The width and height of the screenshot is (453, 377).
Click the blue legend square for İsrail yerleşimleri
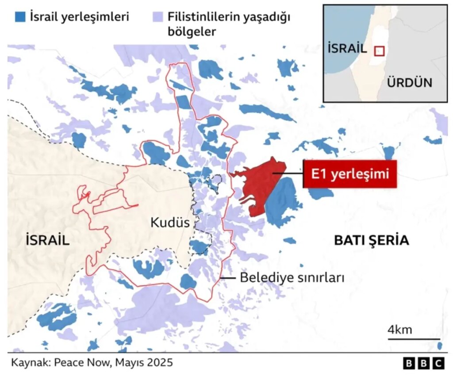click(x=20, y=17)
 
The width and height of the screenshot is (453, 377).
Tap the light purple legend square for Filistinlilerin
click(x=158, y=17)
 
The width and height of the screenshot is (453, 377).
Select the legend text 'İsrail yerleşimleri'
click(x=80, y=17)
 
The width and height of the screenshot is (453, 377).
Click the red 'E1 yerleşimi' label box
click(x=350, y=173)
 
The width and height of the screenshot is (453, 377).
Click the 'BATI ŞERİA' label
click(x=371, y=240)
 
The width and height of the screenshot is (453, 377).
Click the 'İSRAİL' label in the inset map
click(x=347, y=48)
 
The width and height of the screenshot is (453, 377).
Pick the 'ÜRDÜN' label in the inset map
click(x=409, y=82)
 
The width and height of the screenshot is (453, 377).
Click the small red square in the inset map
click(x=380, y=51)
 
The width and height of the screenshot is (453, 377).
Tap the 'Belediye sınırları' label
click(x=292, y=278)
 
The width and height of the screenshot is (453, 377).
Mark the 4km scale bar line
click(x=414, y=339)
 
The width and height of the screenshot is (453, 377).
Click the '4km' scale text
click(x=400, y=330)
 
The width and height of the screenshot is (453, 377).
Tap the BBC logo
click(x=423, y=364)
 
